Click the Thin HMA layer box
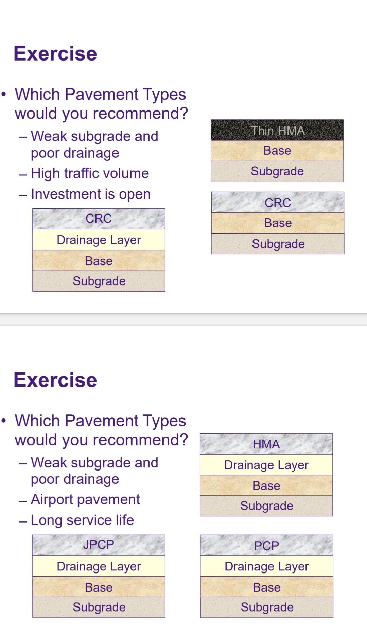(277, 130)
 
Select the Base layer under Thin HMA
(277, 151)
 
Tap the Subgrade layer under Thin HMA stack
(277, 171)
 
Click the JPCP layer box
(99, 545)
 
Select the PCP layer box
(266, 546)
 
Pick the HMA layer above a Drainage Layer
(266, 444)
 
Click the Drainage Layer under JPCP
(99, 566)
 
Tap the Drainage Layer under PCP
(266, 566)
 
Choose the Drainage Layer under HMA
(266, 465)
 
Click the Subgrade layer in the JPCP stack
(99, 607)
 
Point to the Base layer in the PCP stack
(266, 587)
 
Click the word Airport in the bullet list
(52, 500)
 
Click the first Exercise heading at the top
(55, 54)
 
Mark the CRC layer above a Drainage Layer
(99, 219)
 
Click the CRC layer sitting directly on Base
(278, 203)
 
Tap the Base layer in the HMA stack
(266, 485)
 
